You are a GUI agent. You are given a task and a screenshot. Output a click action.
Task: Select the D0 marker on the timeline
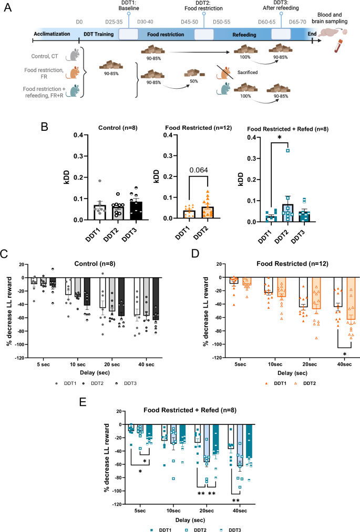[79, 23]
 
